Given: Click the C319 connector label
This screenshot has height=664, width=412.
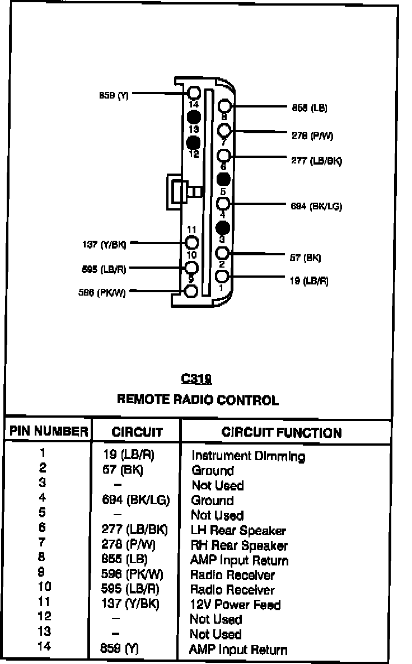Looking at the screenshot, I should pos(196,379).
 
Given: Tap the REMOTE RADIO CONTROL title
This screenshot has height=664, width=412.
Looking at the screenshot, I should pos(197,400).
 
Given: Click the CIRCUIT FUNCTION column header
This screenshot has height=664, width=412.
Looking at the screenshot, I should pos(281,432).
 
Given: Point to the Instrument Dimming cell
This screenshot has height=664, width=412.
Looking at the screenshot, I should pos(248,456).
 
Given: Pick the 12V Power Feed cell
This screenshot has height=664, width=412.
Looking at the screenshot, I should pos(235,605).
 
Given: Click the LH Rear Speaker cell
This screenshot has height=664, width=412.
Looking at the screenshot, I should pos(238,531).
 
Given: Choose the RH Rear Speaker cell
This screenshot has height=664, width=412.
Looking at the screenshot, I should pos(239,545).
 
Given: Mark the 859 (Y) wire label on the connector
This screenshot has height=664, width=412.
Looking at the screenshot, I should pos(114,95).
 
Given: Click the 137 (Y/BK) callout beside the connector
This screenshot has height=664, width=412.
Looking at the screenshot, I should pos(105,244).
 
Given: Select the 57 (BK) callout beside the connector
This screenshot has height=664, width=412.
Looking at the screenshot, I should pos(306,258).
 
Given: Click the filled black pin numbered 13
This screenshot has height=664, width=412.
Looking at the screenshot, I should pos(194,117).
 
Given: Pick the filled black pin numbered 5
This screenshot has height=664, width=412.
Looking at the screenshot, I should pos(223,179).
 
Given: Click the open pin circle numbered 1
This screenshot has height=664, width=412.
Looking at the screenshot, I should pos(223,277).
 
